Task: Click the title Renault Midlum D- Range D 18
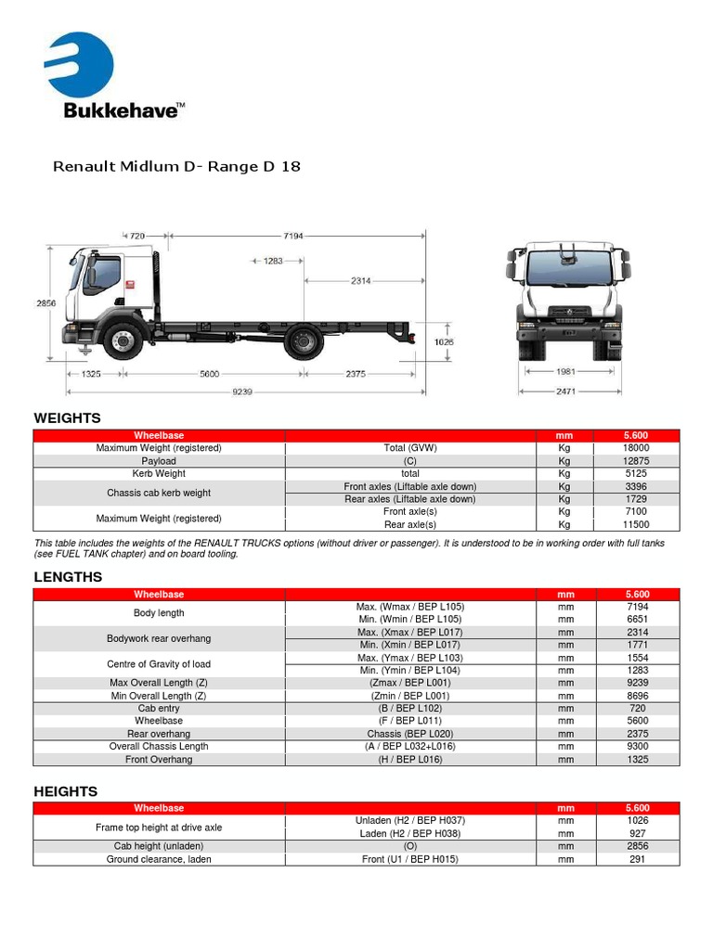(176, 167)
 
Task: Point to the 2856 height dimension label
(45, 303)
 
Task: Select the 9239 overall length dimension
(243, 392)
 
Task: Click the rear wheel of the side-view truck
(302, 340)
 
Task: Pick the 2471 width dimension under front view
(565, 392)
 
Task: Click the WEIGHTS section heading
(68, 418)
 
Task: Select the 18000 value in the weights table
(637, 448)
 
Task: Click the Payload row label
(159, 461)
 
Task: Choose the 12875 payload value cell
(637, 461)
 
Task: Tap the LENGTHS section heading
(68, 577)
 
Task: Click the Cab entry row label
(159, 708)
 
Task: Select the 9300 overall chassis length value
(637, 746)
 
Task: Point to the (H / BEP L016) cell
(410, 759)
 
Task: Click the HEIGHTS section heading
(65, 791)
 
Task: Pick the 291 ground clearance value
(637, 859)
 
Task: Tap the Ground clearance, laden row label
(159, 859)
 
